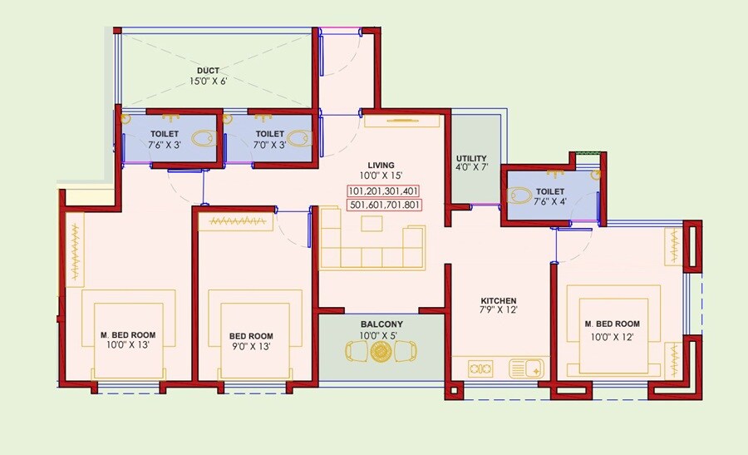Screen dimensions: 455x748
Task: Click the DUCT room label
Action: [208, 70]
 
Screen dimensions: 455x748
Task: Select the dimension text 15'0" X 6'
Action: [208, 82]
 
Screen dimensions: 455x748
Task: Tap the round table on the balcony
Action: [381, 352]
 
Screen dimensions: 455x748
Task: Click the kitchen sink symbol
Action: [526, 367]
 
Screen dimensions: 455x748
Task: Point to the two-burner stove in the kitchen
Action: [480, 367]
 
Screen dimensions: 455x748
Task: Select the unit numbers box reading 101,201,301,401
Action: [382, 190]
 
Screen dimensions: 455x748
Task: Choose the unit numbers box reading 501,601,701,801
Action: [382, 205]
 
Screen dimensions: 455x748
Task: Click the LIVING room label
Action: [382, 165]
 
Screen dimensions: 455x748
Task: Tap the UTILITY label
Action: [471, 158]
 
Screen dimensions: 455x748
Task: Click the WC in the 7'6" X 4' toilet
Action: [520, 196]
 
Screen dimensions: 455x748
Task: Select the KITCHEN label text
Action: [499, 300]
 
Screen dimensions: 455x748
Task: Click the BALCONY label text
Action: [381, 324]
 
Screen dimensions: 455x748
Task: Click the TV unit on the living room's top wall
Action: [402, 121]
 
